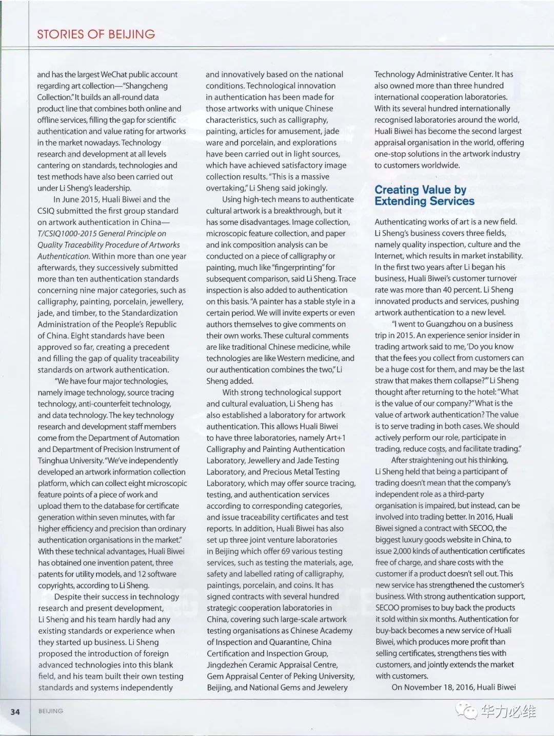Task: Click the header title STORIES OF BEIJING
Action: coord(96,34)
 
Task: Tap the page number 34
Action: coord(15,711)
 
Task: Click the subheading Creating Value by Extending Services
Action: coord(424,195)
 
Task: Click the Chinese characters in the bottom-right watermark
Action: coord(508,711)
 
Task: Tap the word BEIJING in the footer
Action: coord(51,711)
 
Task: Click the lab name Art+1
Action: coord(335,438)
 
